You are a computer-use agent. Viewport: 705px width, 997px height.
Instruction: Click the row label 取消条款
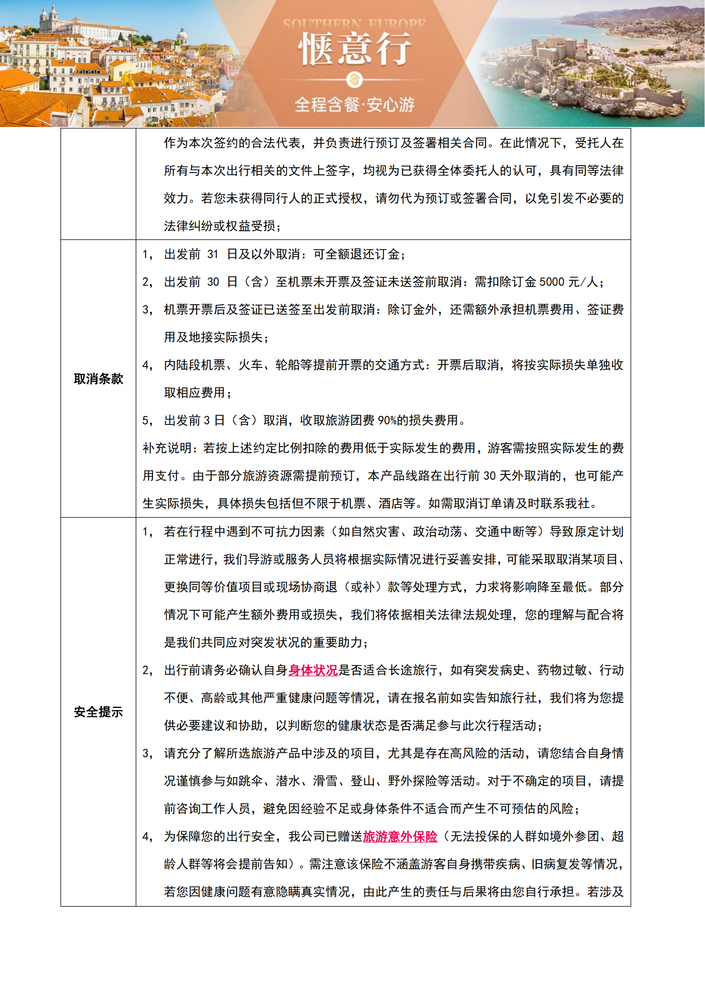pyautogui.click(x=98, y=379)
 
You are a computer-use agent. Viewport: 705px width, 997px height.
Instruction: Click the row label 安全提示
pyautogui.click(x=98, y=712)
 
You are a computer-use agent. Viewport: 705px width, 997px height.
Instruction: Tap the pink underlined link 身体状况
pyautogui.click(x=313, y=670)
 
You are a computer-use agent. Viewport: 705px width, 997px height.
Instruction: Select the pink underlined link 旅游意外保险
pyautogui.click(x=400, y=836)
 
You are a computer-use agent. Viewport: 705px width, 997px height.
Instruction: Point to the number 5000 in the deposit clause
pyautogui.click(x=551, y=282)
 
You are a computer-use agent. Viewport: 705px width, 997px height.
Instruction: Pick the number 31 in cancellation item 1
pyautogui.click(x=213, y=254)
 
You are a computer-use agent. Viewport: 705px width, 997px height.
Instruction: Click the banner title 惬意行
pyautogui.click(x=354, y=49)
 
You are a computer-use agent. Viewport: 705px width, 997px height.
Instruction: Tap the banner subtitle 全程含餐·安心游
pyautogui.click(x=354, y=105)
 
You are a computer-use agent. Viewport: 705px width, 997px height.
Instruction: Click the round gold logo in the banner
pyautogui.click(x=354, y=79)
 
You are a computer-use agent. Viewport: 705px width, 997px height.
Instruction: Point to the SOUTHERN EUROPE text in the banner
pyautogui.click(x=354, y=23)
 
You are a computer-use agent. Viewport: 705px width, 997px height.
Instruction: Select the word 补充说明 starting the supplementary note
pyautogui.click(x=168, y=448)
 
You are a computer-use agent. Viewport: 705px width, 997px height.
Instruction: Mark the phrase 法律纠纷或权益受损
pyautogui.click(x=220, y=226)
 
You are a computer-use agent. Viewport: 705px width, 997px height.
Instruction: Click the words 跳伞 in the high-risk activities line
pyautogui.click(x=251, y=781)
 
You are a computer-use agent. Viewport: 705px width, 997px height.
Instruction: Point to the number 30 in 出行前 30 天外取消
pyautogui.click(x=490, y=476)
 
